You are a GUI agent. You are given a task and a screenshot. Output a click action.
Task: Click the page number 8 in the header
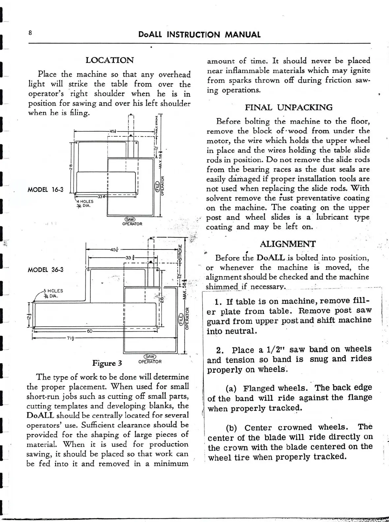click(x=30, y=33)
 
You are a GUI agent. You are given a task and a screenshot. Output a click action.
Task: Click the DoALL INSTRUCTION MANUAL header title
click(x=199, y=35)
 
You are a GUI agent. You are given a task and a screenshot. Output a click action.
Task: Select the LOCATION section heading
click(x=109, y=60)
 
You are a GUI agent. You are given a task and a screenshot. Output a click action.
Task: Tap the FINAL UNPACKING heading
click(x=288, y=107)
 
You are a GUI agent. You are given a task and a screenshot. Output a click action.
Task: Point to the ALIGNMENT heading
click(x=287, y=244)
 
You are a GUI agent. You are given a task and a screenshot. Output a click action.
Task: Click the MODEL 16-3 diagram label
click(x=45, y=190)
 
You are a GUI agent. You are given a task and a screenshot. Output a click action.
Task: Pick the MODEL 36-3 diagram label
click(x=45, y=270)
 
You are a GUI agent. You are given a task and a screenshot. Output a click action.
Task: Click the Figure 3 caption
click(x=107, y=363)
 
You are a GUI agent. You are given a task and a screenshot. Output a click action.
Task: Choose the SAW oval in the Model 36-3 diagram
click(x=150, y=357)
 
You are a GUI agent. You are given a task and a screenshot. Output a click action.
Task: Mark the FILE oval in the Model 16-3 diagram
click(x=158, y=186)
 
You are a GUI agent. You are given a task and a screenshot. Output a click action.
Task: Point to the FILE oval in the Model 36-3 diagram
click(x=181, y=319)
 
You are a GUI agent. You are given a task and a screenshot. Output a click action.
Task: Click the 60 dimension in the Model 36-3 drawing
click(x=89, y=331)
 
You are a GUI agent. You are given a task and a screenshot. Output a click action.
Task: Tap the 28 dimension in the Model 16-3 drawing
click(x=71, y=168)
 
